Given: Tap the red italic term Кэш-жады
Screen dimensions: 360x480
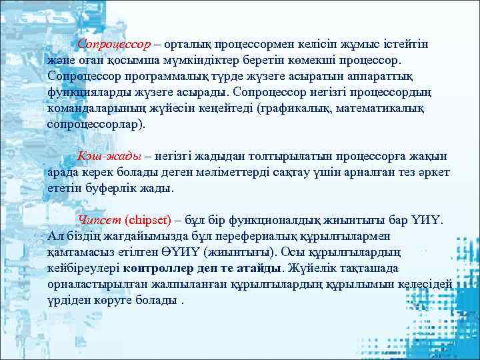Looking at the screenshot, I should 109,157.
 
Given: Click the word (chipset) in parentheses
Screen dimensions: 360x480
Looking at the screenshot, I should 148,220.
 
